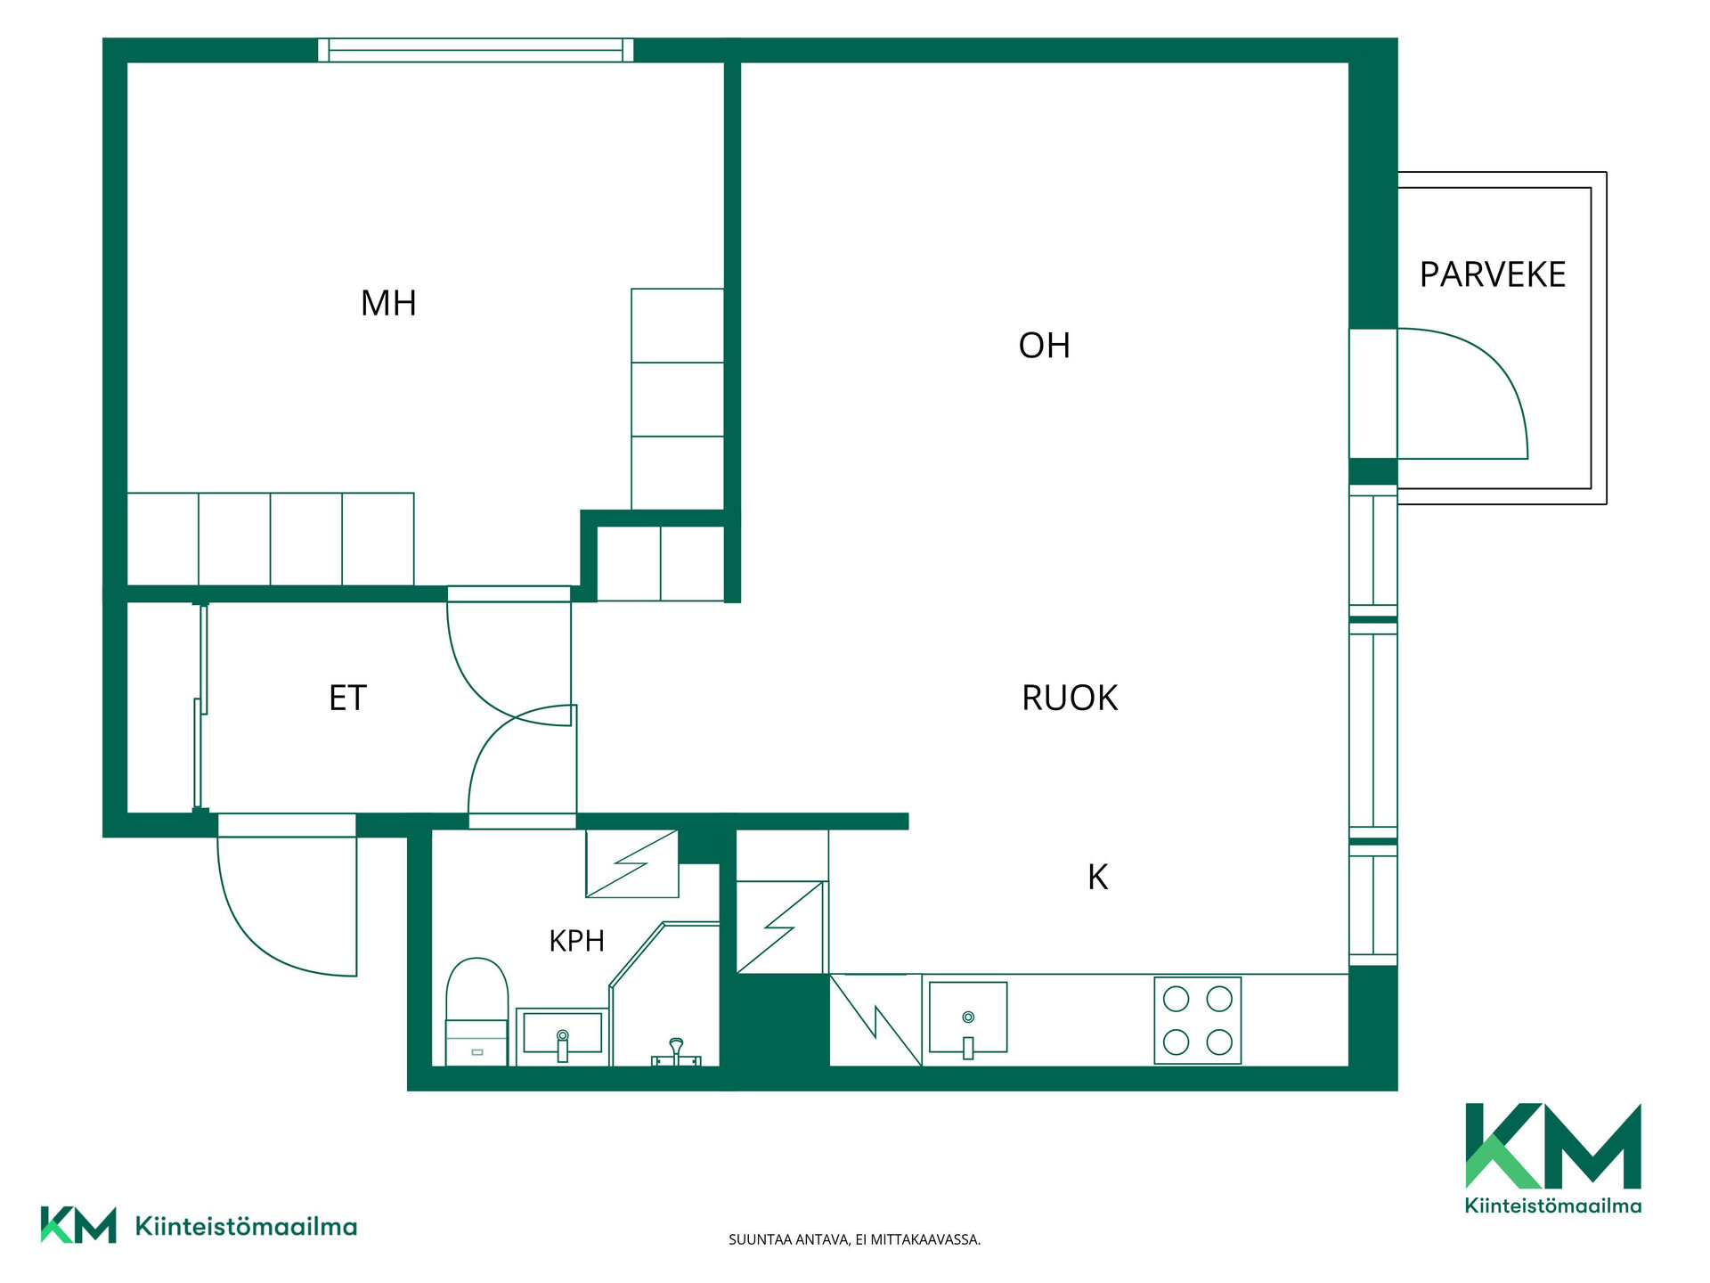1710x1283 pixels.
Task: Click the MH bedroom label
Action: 388,304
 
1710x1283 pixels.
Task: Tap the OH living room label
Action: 1044,346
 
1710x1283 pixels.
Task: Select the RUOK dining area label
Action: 1070,698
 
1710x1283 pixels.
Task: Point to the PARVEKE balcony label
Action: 1493,274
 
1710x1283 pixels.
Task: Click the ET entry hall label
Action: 347,698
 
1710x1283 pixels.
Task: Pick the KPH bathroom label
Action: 576,941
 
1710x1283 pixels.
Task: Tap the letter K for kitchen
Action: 1097,878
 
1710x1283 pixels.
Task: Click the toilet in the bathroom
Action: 476,1011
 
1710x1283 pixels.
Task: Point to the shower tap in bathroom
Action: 676,1052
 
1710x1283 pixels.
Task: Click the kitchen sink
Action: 968,1018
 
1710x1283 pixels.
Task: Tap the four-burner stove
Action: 1197,1020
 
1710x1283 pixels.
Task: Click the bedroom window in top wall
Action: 476,50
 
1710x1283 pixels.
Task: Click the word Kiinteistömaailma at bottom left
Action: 246,1227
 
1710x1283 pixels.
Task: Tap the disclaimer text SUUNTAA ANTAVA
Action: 789,1239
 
